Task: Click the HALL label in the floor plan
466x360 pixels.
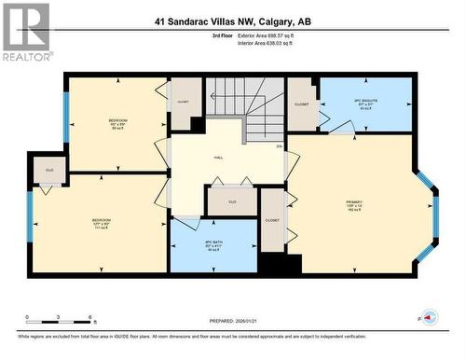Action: [x=218, y=158]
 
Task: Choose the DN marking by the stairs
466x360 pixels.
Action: [x=279, y=146]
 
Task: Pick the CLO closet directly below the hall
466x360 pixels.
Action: [x=232, y=201]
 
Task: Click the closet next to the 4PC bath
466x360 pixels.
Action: [x=272, y=220]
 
